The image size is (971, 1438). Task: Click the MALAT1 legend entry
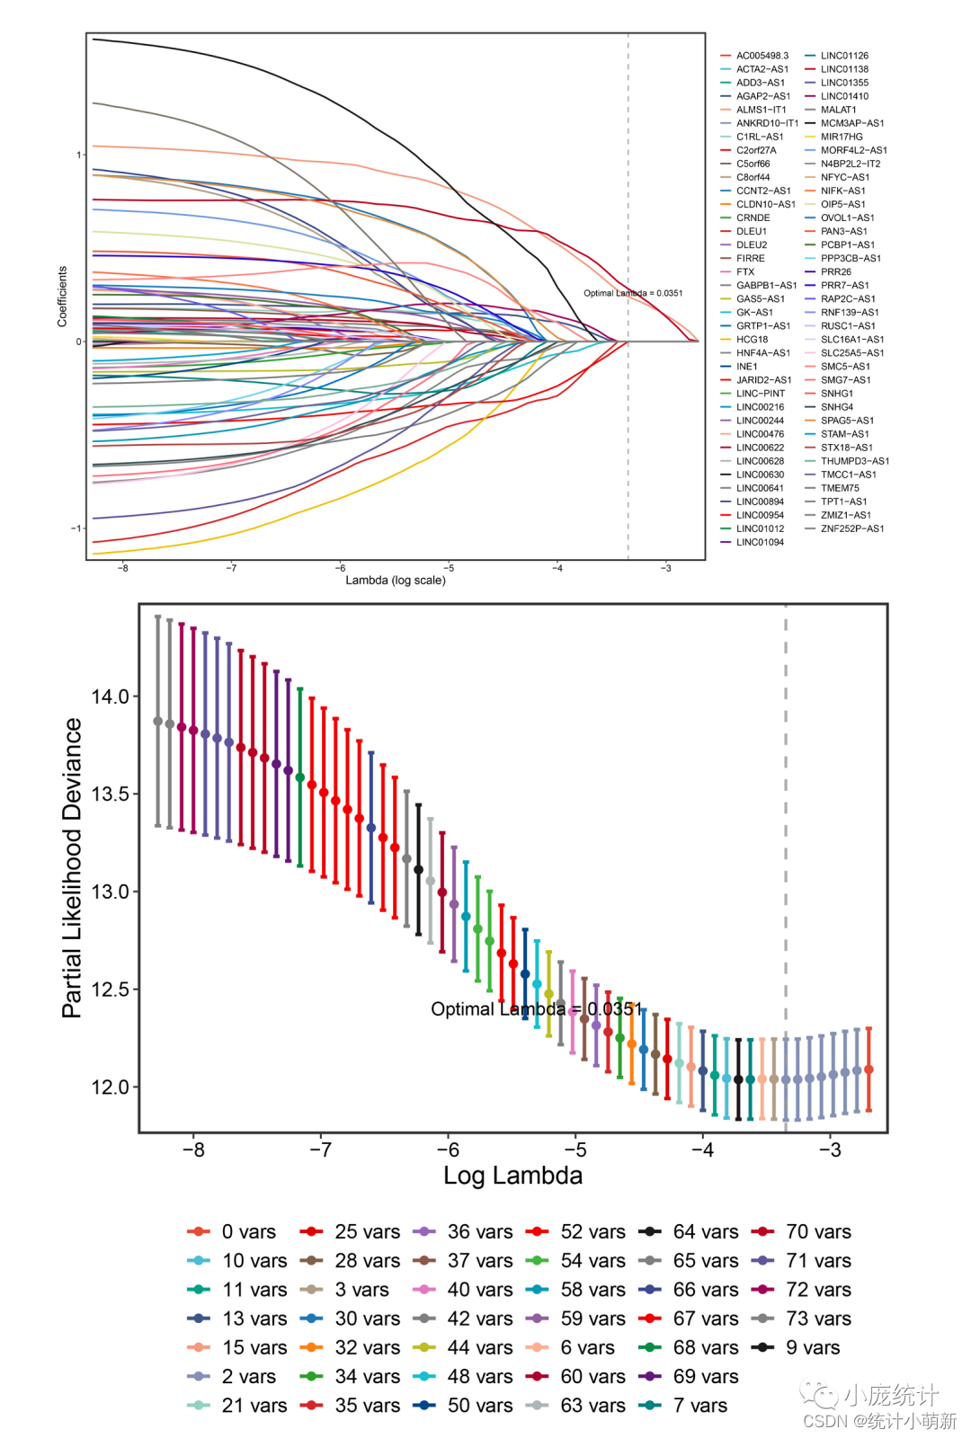point(838,110)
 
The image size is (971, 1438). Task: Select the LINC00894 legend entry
point(760,502)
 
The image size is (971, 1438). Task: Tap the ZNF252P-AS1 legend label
point(851,528)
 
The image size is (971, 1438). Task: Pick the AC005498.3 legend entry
point(762,56)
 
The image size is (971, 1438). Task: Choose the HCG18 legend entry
point(752,340)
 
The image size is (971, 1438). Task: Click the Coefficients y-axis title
point(62,296)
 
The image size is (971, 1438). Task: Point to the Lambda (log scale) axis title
point(396,581)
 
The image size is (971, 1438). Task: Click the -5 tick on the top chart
point(449,568)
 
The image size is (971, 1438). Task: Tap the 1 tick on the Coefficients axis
point(79,155)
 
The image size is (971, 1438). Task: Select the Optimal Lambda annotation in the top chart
point(633,293)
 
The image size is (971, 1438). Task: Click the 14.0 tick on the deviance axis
point(110,697)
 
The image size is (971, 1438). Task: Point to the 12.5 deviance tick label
point(110,990)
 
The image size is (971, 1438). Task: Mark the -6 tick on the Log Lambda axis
point(448,1150)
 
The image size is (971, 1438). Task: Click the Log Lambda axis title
point(512,1176)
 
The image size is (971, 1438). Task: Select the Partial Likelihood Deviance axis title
point(72,867)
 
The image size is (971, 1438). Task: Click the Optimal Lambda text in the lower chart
point(537,1008)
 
